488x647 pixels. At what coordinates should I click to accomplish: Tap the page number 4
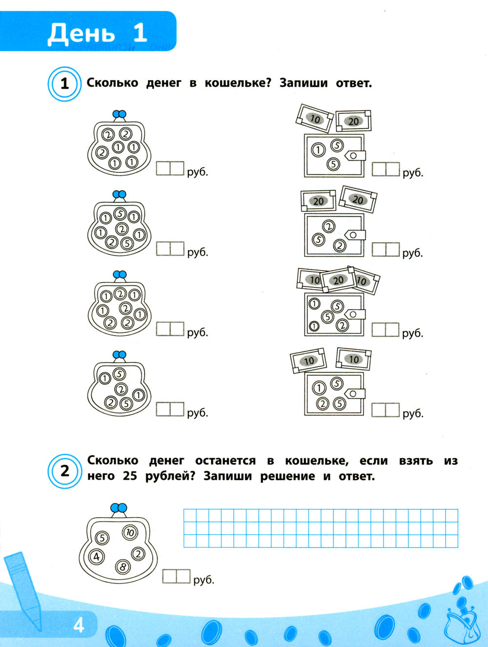(79, 626)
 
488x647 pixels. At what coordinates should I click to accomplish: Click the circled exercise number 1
(65, 84)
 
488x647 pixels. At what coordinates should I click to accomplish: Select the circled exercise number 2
(65, 471)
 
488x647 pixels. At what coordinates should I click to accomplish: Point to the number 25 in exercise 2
(130, 476)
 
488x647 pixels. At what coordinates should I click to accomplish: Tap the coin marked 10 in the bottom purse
(130, 532)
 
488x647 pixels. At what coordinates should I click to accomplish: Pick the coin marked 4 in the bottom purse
(97, 557)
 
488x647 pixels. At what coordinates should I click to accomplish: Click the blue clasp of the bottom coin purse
(119, 508)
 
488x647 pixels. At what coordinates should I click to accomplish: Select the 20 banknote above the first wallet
(353, 121)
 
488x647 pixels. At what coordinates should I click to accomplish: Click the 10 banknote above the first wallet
(315, 119)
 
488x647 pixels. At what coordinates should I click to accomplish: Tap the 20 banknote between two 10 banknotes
(338, 280)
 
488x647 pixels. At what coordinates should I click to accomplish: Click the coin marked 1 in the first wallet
(318, 150)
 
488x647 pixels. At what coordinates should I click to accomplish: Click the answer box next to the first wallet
(386, 169)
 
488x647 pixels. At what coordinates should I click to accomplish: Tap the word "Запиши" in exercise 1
(304, 83)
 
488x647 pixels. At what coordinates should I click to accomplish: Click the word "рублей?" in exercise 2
(170, 477)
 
